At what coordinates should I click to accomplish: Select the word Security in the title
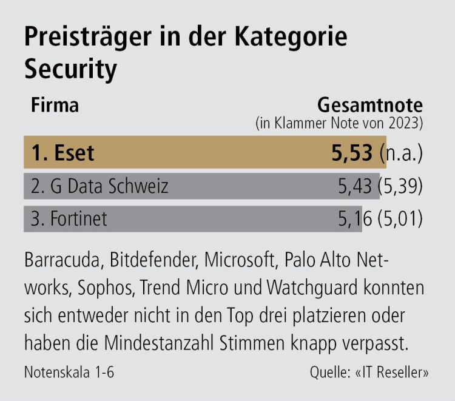point(70,70)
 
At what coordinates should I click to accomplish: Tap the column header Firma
point(54,105)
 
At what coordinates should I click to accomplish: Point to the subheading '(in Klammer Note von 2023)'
point(339,123)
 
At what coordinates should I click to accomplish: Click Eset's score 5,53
point(351,152)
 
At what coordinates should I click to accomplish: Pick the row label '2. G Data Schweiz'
point(99,186)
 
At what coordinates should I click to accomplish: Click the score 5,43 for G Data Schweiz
point(356,186)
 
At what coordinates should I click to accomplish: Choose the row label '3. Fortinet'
point(69,218)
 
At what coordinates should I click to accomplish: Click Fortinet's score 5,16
point(356,218)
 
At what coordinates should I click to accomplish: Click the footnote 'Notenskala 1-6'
point(69,372)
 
